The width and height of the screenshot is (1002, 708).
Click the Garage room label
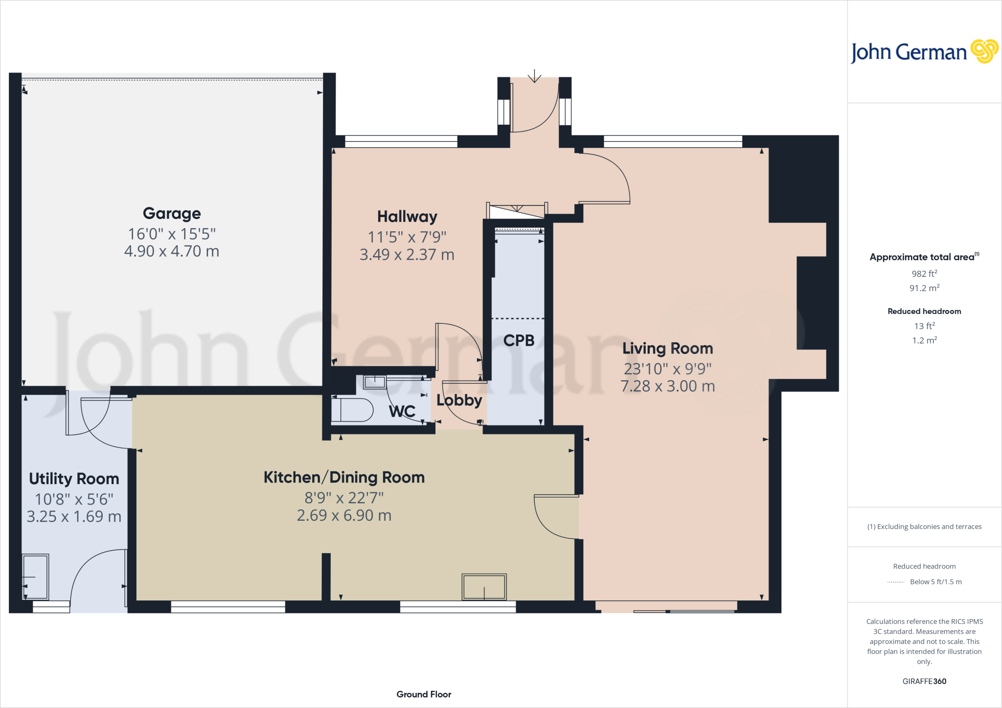172,214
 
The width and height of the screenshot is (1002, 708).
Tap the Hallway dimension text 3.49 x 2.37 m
407,255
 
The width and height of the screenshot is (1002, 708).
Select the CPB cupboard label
519,340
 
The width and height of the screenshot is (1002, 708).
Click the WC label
402,411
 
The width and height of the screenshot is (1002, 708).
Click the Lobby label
459,400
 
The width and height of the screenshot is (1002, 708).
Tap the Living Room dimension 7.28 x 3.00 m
667,386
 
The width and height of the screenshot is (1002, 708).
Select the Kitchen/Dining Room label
344,477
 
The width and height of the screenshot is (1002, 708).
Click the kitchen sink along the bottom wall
484,587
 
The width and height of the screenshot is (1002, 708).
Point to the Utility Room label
74,479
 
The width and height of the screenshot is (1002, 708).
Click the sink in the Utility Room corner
36,576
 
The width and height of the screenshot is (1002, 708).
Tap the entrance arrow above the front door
534,76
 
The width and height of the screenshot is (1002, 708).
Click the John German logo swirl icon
984,51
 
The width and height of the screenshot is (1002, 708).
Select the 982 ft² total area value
924,274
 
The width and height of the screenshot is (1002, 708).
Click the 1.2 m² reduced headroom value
924,340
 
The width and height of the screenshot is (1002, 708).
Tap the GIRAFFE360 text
924,681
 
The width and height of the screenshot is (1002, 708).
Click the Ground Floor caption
424,694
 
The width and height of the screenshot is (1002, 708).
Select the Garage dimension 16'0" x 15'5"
172,234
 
